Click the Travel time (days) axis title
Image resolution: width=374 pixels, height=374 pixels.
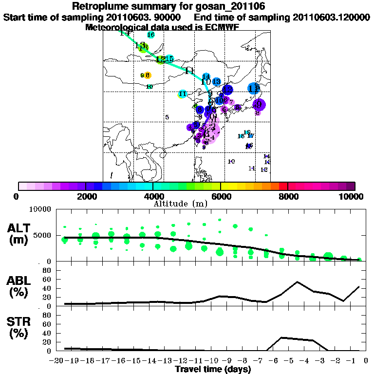pos(213,370)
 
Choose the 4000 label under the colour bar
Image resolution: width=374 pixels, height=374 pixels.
pos(153,197)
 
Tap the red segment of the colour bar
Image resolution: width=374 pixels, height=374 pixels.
pos(283,186)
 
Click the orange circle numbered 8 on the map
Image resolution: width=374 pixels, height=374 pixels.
pos(148,75)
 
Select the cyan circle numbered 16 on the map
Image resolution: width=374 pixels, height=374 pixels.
pos(150,35)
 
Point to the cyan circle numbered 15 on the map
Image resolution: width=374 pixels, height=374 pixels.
pos(169,59)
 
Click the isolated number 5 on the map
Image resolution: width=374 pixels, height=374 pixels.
pos(167,117)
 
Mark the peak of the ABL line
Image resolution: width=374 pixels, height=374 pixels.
pos(297,281)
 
